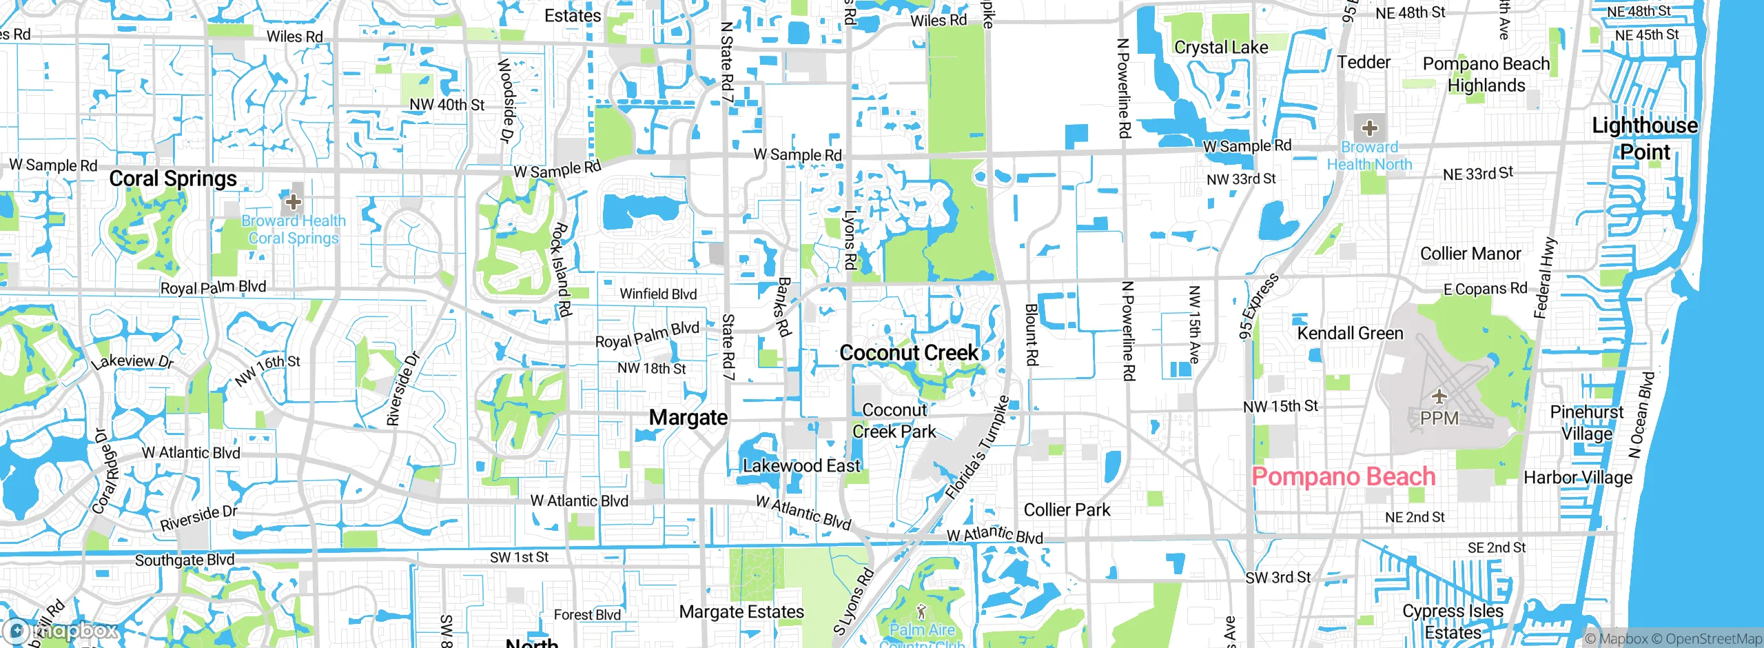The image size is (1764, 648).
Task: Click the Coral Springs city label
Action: click(x=173, y=179)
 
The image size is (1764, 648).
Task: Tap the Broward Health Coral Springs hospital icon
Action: click(x=293, y=201)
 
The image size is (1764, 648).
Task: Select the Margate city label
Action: click(x=688, y=418)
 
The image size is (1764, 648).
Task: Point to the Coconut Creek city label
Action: click(x=909, y=353)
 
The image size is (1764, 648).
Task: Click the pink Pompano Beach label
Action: click(x=1343, y=477)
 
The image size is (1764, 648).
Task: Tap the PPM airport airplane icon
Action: click(x=1439, y=396)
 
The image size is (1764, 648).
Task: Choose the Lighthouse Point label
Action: click(x=1645, y=139)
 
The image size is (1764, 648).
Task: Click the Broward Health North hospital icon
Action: click(x=1369, y=128)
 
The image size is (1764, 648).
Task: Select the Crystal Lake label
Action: click(x=1221, y=48)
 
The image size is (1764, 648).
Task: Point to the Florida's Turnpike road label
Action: click(x=976, y=448)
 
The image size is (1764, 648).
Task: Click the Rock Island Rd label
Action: click(x=561, y=270)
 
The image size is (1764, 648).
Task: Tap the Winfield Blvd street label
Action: click(x=658, y=294)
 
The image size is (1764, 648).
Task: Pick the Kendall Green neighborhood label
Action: click(x=1350, y=334)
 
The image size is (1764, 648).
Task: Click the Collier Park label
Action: click(x=1067, y=510)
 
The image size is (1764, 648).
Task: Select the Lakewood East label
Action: click(x=801, y=467)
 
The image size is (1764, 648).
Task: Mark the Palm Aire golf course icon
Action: click(x=921, y=611)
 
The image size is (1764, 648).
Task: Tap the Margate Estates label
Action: click(x=741, y=612)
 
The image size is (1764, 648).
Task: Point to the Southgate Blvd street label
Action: click(x=185, y=560)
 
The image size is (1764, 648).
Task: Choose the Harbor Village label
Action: click(x=1578, y=478)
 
